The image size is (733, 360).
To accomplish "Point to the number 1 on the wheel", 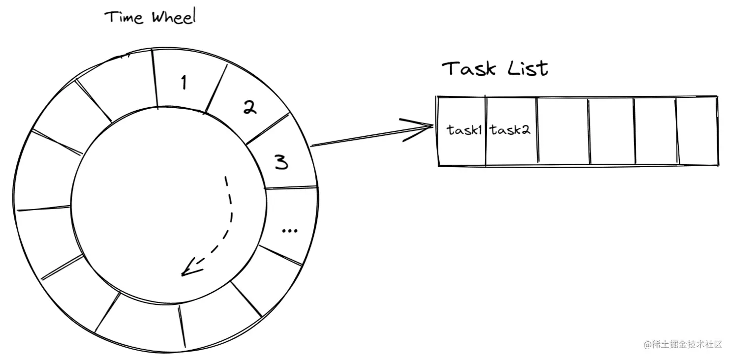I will pos(183,83).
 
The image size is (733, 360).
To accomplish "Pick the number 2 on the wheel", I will pos(250,108).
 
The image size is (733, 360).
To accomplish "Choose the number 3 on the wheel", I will pos(281,162).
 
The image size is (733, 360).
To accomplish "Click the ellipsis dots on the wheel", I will pos(290,230).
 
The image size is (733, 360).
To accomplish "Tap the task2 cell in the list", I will pos(510,130).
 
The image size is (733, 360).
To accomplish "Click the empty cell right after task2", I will pos(562,131).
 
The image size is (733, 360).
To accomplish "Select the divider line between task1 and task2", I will pos(485,131).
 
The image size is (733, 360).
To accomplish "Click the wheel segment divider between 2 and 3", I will pos(268,128).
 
